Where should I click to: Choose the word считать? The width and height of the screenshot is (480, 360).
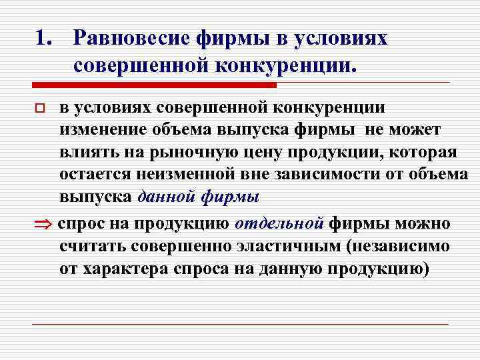[x=99, y=246]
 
